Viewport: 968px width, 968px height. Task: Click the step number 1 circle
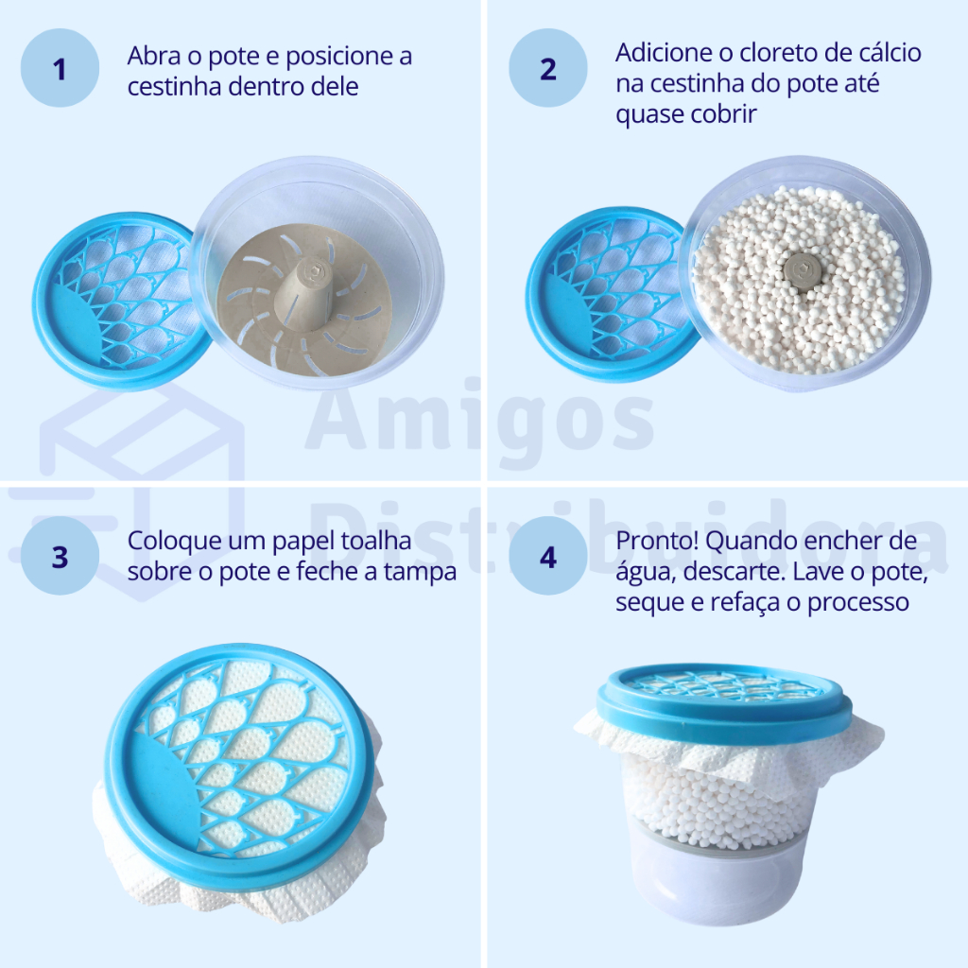60,68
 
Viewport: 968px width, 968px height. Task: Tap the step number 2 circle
548,68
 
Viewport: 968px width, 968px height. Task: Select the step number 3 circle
60,556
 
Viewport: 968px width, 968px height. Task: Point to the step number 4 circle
548,556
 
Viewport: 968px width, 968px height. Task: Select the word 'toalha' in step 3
376,541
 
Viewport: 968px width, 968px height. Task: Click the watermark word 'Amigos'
479,420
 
